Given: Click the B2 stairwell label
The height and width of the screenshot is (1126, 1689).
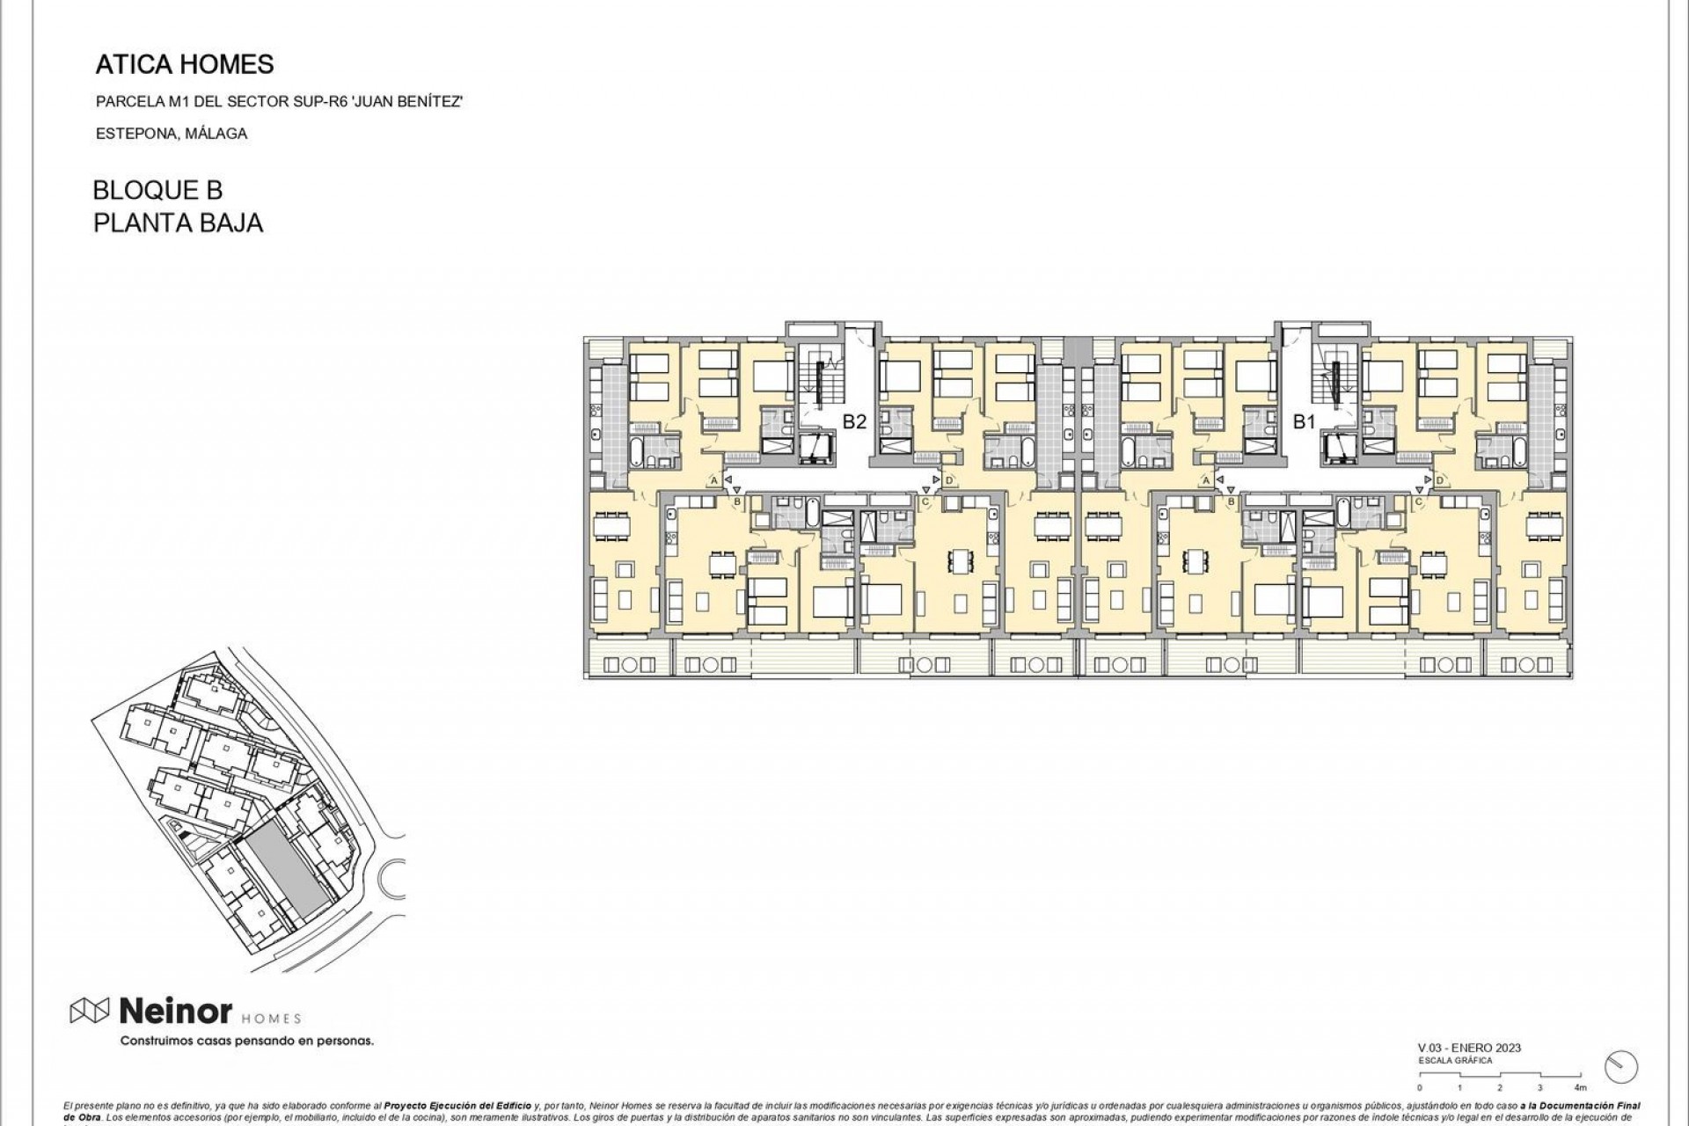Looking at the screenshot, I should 854,421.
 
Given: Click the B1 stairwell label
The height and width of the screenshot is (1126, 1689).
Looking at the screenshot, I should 1303,421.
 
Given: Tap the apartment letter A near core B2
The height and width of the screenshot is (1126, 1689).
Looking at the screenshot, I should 713,480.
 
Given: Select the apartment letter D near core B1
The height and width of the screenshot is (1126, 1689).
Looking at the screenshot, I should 1440,480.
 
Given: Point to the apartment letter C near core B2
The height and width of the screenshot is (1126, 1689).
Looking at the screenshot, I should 925,501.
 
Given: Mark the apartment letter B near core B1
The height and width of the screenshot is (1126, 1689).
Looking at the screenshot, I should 1231,501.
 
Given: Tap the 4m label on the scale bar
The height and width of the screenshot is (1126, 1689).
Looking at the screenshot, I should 1580,1088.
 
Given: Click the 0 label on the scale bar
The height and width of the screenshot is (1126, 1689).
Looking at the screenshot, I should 1420,1088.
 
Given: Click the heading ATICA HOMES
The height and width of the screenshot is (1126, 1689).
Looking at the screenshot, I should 184,64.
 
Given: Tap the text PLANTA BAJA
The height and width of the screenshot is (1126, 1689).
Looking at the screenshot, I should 178,223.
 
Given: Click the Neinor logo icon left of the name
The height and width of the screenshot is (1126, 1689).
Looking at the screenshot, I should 89,1012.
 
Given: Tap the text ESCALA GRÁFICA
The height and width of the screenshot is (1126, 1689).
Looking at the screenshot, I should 1455,1061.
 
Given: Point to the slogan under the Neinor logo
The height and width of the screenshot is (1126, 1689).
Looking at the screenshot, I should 246,1042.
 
